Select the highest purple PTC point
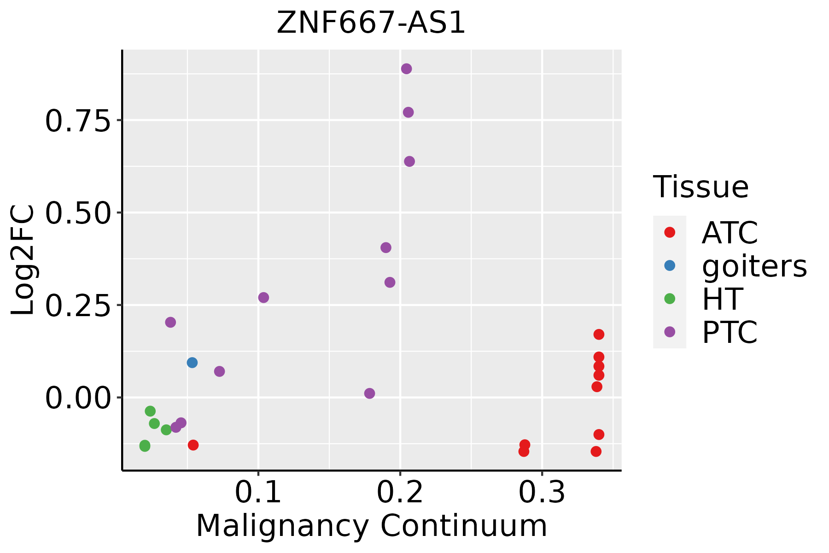click(x=406, y=69)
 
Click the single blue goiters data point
click(x=192, y=363)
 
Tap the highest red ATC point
click(x=599, y=334)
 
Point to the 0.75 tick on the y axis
click(x=78, y=121)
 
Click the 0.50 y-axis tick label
click(x=78, y=214)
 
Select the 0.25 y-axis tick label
click(x=78, y=306)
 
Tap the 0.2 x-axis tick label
click(x=400, y=493)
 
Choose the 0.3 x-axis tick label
click(x=542, y=493)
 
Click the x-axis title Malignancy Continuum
click(x=371, y=526)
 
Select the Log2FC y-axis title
click(x=23, y=260)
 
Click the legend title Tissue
click(x=701, y=187)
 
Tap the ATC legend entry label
click(x=730, y=233)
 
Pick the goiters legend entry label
click(x=754, y=266)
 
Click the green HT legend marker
click(x=670, y=299)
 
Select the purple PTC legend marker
click(x=670, y=332)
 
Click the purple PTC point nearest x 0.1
click(x=263, y=298)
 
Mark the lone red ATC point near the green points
click(x=193, y=445)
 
